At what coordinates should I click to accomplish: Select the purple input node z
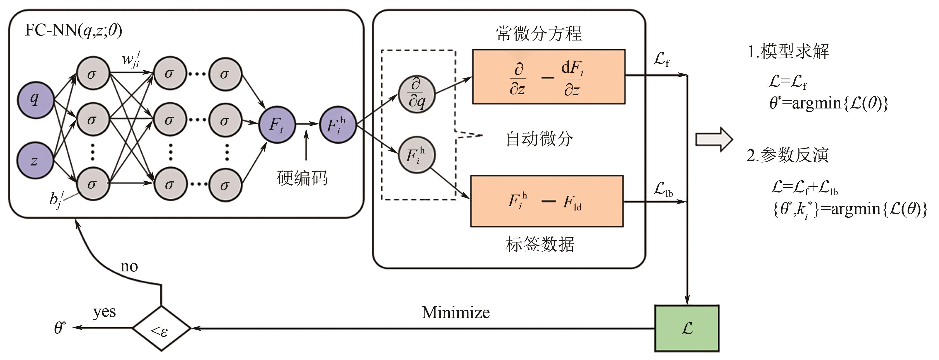click(x=35, y=161)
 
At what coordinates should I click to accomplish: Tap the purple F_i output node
click(x=277, y=125)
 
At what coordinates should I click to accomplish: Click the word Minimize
click(x=456, y=313)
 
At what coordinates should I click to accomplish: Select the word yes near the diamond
click(x=104, y=312)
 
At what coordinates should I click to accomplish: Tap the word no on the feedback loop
click(x=129, y=267)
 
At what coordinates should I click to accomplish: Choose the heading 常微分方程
click(x=539, y=34)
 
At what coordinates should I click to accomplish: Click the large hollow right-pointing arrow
click(x=714, y=139)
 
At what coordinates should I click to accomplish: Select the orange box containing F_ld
click(x=547, y=201)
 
